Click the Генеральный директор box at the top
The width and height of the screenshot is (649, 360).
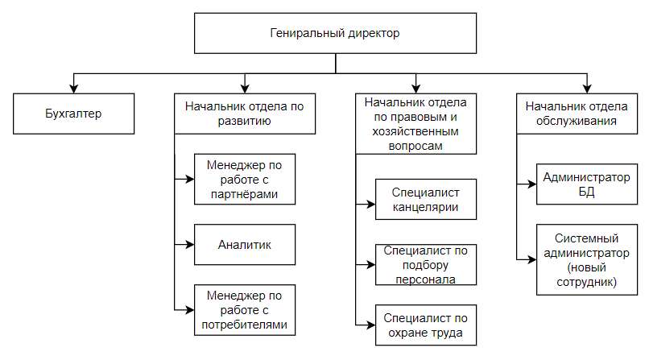pos(335,33)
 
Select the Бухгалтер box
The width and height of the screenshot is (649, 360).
pos(73,114)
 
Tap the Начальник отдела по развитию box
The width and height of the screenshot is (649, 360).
pos(245,114)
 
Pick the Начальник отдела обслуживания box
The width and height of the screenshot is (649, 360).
pos(577,114)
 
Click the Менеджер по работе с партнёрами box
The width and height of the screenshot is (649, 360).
pos(245,179)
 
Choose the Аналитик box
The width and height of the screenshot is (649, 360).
pos(245,245)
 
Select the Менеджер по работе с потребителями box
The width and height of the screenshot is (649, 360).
pos(245,310)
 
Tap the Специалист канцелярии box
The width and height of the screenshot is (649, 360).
pos(426,200)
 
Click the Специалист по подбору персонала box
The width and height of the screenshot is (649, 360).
pos(426,265)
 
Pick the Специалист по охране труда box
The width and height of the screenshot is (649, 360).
pos(426,325)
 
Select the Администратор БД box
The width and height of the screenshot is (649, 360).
pos(587,184)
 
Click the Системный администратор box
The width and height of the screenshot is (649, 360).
pos(587,260)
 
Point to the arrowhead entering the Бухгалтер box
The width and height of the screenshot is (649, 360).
pos(73,89)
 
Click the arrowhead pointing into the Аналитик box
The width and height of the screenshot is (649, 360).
pos(190,245)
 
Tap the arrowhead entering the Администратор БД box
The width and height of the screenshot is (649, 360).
pos(532,184)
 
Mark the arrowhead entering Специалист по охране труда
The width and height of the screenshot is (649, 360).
pos(371,325)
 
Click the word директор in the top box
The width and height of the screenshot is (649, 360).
pos(374,33)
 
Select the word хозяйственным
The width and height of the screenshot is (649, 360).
pos(415,131)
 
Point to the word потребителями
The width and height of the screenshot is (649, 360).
pos(245,325)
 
